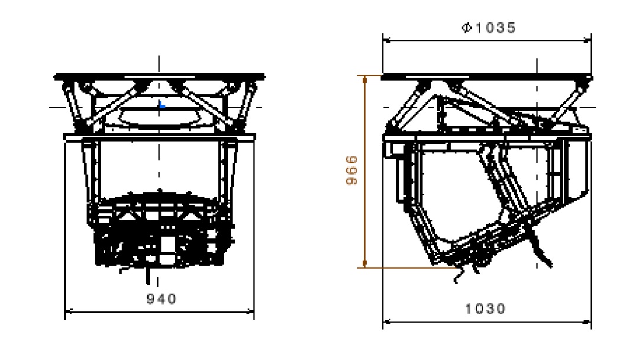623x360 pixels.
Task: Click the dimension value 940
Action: [x=162, y=299]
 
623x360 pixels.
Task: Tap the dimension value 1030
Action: [x=485, y=308]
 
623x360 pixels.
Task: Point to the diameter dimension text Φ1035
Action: [x=489, y=28]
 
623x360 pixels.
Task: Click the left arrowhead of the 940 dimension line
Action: [x=69, y=312]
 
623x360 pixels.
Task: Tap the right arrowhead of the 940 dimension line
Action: [x=250, y=312]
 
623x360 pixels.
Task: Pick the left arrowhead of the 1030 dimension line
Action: [x=386, y=322]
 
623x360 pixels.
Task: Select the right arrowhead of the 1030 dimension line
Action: [x=588, y=322]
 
